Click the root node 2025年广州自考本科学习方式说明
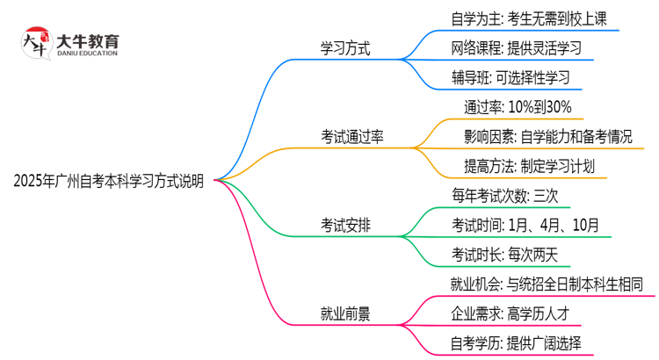coord(109,182)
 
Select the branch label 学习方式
coord(345,48)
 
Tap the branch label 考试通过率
coord(352,136)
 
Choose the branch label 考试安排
coord(345,225)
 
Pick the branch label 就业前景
coord(345,313)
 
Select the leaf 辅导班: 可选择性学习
coord(503,77)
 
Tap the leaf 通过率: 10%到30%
coord(518,107)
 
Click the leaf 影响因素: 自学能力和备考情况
coord(547,136)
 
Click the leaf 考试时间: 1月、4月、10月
coord(525,225)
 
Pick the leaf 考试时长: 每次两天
coord(504,254)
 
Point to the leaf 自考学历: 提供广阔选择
coord(515,342)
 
